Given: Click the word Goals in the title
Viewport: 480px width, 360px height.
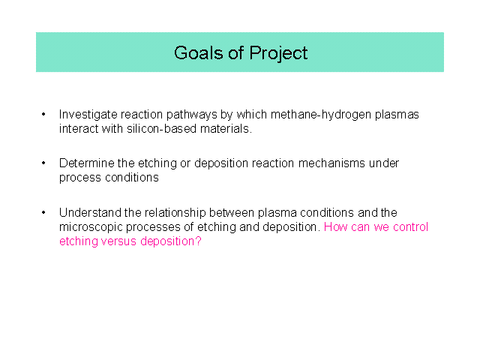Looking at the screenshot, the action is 199,52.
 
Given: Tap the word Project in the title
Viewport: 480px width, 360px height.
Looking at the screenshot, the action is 278,53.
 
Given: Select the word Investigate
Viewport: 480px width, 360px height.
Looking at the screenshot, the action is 88,115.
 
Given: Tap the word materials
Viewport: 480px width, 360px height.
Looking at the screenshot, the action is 226,129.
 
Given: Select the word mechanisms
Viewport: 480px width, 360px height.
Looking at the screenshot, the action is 331,163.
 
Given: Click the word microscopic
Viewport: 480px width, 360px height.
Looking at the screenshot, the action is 91,227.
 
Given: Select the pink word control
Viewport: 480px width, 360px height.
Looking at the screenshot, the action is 410,226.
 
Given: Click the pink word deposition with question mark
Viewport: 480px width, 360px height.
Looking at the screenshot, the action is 171,241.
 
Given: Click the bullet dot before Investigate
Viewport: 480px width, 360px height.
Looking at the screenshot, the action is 43,115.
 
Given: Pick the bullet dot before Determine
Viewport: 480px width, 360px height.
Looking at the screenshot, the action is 43,163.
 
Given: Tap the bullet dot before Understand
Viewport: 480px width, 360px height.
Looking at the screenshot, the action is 43,212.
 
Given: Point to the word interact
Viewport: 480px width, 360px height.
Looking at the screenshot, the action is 79,129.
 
